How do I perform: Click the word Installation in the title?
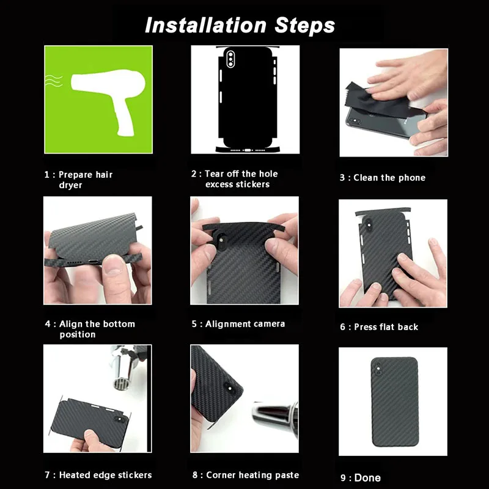(x=206, y=25)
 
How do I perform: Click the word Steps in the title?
(x=304, y=26)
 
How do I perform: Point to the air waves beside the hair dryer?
(x=54, y=81)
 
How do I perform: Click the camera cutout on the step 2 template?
(x=231, y=58)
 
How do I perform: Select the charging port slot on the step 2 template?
(x=248, y=150)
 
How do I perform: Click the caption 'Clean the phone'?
(x=389, y=178)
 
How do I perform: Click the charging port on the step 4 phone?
(x=93, y=262)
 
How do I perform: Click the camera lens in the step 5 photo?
(x=222, y=240)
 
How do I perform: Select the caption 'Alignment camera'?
(x=245, y=324)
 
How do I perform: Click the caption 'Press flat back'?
(x=386, y=327)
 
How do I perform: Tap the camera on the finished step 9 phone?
(x=378, y=370)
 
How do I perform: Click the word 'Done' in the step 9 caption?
(x=367, y=478)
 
